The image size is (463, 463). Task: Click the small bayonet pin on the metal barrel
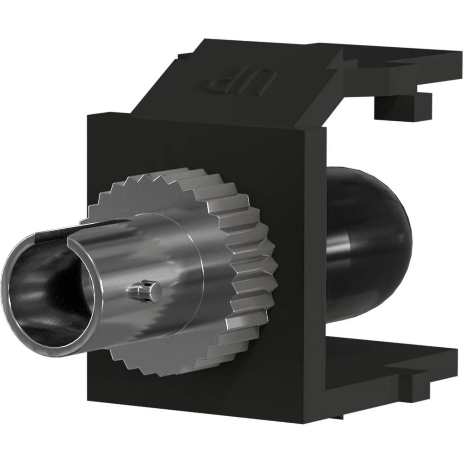tap(144, 291)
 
